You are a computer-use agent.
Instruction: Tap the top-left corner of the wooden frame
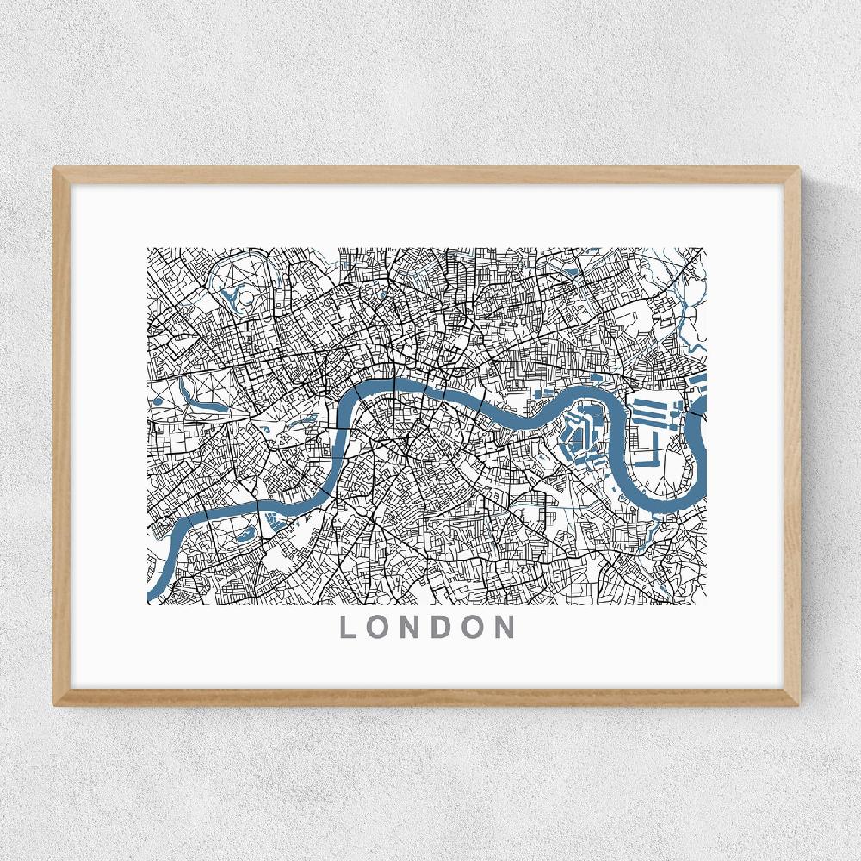(x=55, y=169)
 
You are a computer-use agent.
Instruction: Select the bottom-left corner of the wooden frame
(x=55, y=704)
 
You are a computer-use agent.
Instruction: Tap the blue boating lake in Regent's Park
(x=230, y=297)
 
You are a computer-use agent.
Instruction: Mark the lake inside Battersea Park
(x=276, y=520)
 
